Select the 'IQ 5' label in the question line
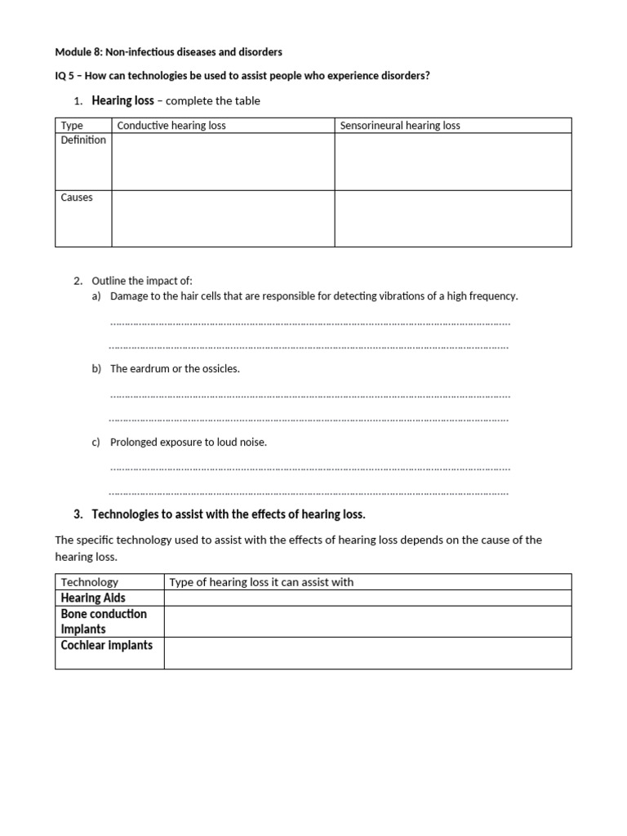[64, 76]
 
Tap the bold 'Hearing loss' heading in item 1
[122, 100]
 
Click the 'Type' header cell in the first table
[72, 126]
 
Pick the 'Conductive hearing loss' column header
[171, 126]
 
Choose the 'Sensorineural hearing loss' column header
[400, 126]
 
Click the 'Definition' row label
[83, 140]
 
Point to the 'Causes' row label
[77, 198]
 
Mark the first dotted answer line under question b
[309, 396]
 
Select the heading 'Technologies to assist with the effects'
[229, 514]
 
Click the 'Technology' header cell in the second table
[90, 582]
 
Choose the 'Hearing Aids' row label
[93, 598]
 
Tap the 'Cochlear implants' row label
[107, 645]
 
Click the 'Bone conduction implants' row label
[104, 621]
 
